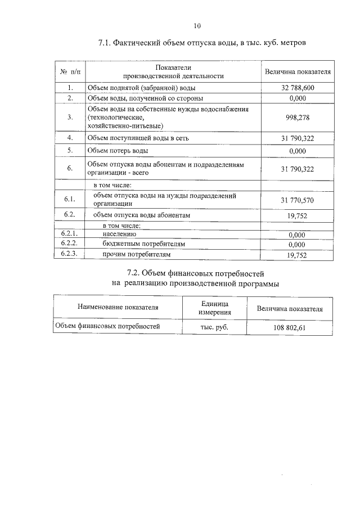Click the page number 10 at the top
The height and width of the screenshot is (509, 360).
[197, 25]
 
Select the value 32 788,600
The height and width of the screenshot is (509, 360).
[297, 88]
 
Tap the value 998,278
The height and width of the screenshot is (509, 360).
[297, 118]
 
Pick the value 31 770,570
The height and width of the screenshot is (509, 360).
[297, 200]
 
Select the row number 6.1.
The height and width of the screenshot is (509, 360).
[70, 200]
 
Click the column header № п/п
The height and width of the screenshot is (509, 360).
[70, 72]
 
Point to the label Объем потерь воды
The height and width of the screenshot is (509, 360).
[118, 151]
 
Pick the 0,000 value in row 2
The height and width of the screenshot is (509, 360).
[297, 98]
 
